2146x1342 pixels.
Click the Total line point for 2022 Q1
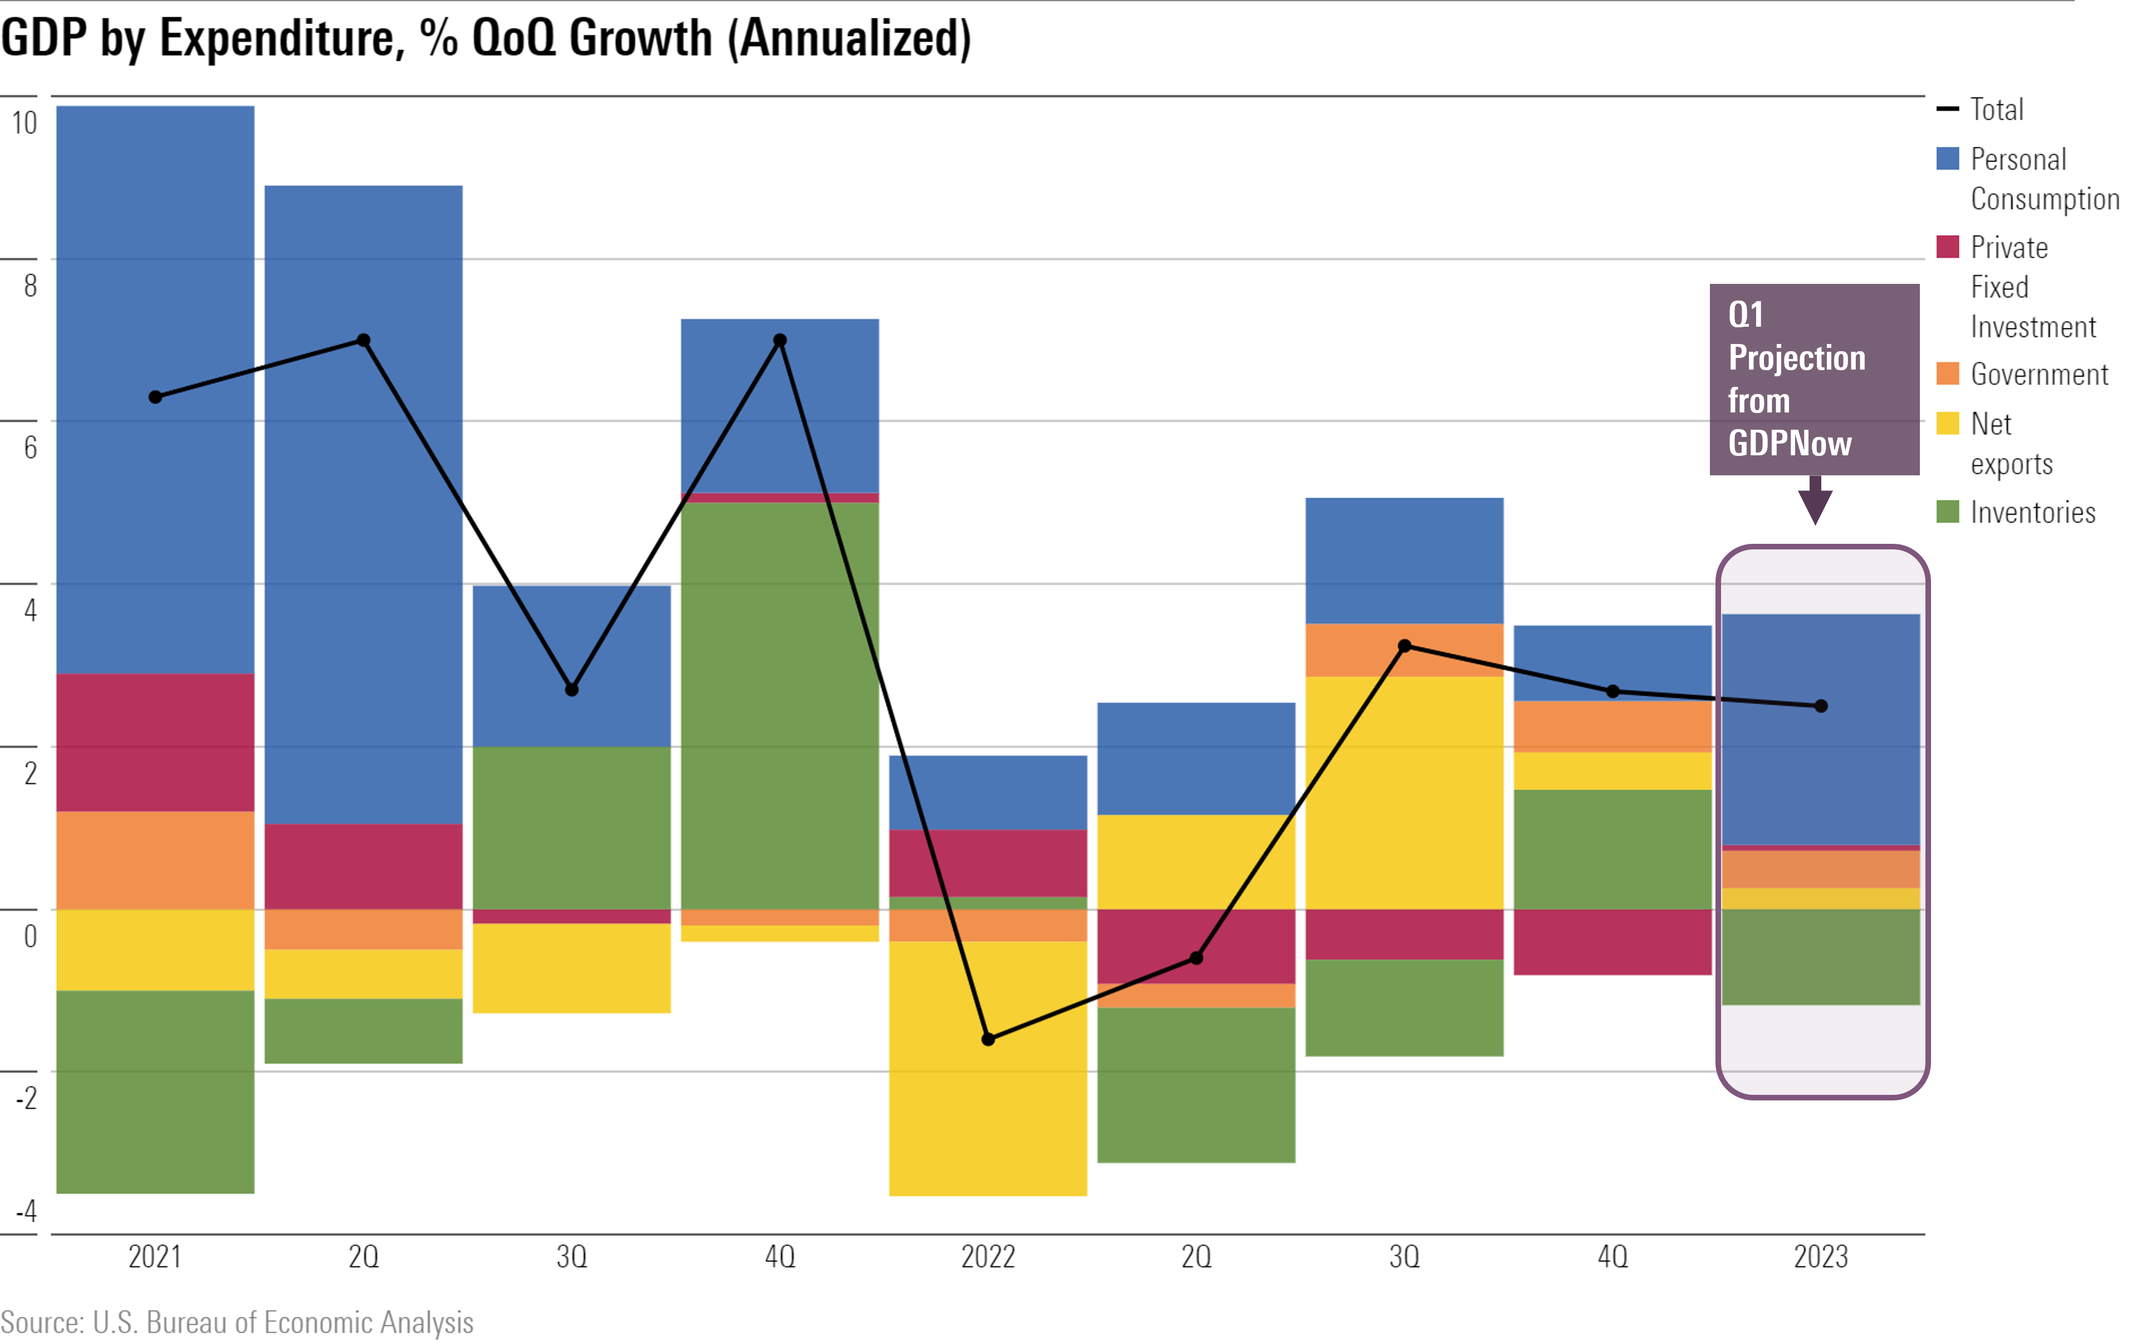click(988, 1039)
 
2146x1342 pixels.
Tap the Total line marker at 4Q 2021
click(780, 340)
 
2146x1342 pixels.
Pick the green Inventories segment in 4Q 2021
click(780, 706)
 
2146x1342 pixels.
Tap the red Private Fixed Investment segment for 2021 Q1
click(155, 742)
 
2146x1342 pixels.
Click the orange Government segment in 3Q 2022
click(1405, 650)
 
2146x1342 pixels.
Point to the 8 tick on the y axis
click(30, 285)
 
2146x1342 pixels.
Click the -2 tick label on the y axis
click(27, 1098)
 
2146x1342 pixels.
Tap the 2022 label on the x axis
click(988, 1257)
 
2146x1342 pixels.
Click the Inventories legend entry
click(2032, 512)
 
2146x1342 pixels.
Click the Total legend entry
click(1997, 109)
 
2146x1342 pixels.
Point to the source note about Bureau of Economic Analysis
click(237, 1321)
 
